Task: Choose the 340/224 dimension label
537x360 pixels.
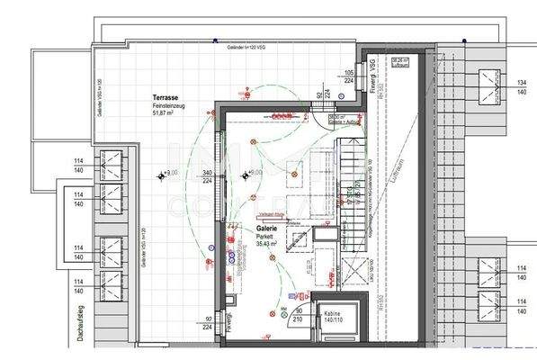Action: [x=208, y=176]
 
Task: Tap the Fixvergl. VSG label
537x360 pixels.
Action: [x=370, y=73]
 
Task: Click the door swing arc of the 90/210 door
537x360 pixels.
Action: [x=289, y=296]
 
